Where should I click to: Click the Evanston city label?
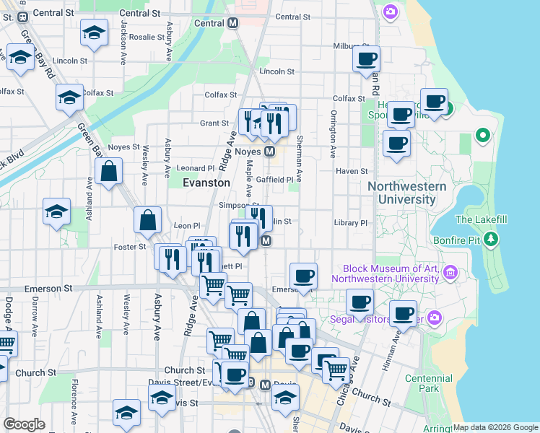pos(206,183)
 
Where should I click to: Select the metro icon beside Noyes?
pos(269,152)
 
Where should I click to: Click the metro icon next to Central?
pos(232,23)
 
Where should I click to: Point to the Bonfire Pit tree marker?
pos(491,238)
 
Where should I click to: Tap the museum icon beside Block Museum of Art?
pos(451,272)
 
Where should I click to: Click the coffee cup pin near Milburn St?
pos(367,58)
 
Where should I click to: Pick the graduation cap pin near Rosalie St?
pos(93,33)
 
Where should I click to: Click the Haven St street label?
pos(352,171)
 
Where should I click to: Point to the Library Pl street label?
pos(351,223)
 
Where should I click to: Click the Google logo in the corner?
pos(25,424)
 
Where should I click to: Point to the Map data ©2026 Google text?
pos(495,427)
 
